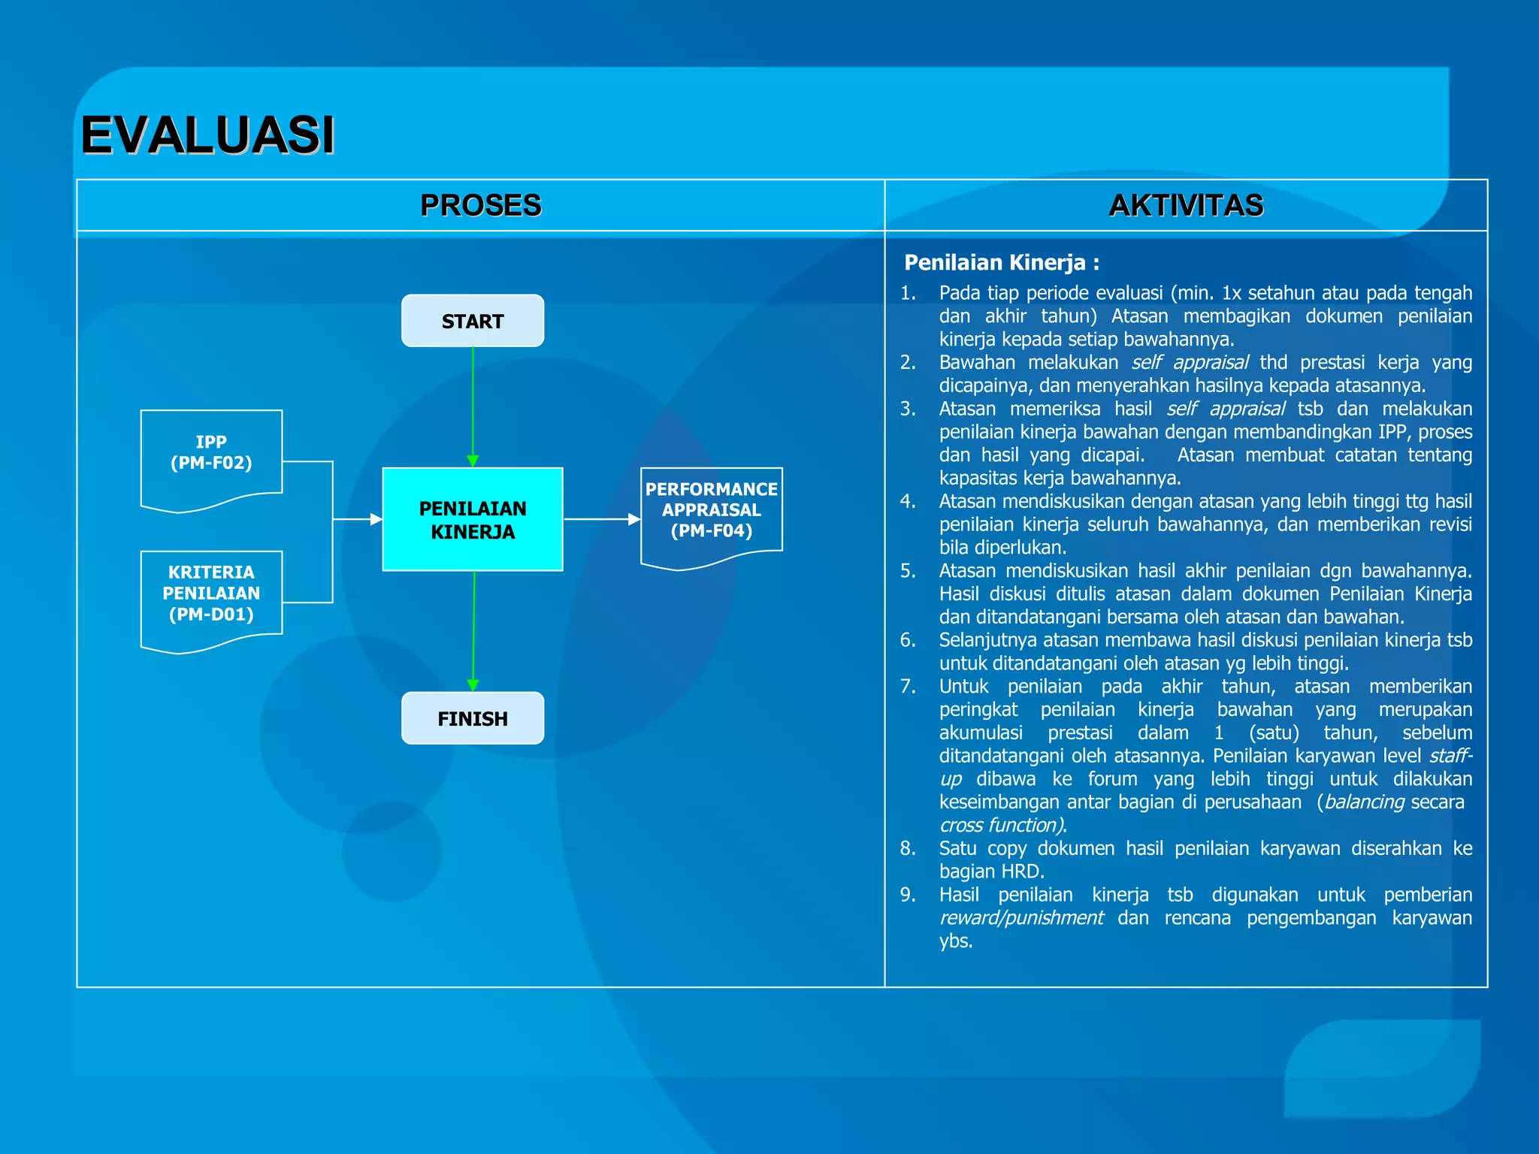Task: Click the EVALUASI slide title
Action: (207, 135)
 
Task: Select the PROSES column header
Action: (480, 205)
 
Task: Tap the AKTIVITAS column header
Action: (1186, 205)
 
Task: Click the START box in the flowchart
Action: (473, 321)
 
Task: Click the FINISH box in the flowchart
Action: (473, 718)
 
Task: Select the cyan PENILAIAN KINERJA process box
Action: (473, 519)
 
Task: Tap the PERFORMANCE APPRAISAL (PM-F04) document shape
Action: (711, 510)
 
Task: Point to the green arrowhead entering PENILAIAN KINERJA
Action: (473, 461)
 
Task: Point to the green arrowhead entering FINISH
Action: (473, 684)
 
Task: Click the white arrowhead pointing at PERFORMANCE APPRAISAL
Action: (633, 519)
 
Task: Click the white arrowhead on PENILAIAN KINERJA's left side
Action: (376, 519)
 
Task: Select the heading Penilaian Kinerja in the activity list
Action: (1001, 262)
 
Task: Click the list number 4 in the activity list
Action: (908, 501)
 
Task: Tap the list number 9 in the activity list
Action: (908, 895)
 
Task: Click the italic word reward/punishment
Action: (1021, 918)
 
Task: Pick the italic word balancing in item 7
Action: (1364, 802)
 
